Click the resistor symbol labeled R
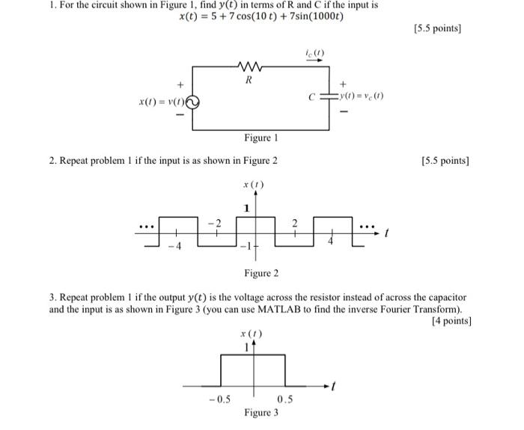click(x=249, y=66)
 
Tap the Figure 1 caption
click(x=261, y=138)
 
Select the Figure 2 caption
click(x=261, y=274)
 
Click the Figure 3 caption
click(x=261, y=413)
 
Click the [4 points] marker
click(x=452, y=321)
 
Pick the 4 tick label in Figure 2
click(x=329, y=243)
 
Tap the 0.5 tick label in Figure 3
click(x=284, y=399)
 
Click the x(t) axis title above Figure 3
click(x=251, y=334)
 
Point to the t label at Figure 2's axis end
click(x=386, y=234)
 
